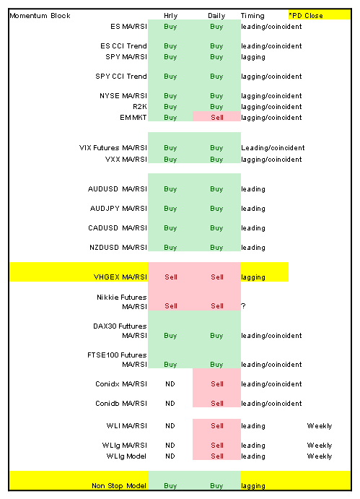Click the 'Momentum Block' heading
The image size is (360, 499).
(x=40, y=16)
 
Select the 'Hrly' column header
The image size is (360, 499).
(x=170, y=16)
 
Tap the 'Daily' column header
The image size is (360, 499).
(x=216, y=16)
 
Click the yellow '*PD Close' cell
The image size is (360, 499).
(x=320, y=15)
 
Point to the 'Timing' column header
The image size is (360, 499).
(x=253, y=16)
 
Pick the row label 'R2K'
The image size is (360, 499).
(x=140, y=107)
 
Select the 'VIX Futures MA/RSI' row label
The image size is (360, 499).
(x=113, y=147)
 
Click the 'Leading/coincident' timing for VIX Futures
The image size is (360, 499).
(x=273, y=147)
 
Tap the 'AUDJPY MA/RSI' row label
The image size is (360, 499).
(x=118, y=209)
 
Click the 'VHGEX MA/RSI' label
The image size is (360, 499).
(x=120, y=277)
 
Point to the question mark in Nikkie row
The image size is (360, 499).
(x=243, y=306)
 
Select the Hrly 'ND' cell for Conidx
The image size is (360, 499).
(x=170, y=384)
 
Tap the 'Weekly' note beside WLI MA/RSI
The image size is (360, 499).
(x=320, y=426)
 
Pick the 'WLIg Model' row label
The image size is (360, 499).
(x=126, y=456)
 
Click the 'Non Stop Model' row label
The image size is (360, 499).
(x=119, y=486)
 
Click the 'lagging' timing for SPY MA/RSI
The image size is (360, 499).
(x=253, y=57)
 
